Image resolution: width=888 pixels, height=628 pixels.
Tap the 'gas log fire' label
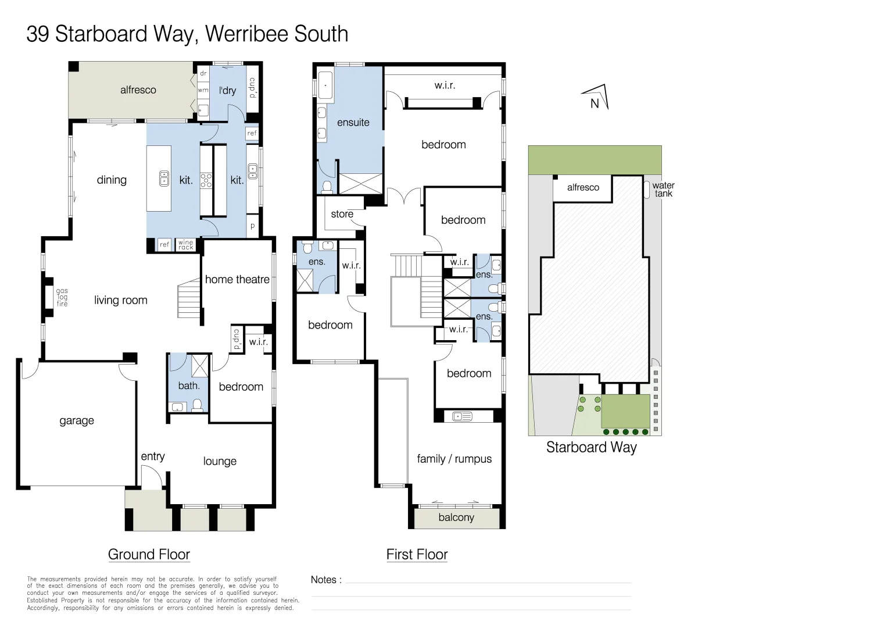pos(62,297)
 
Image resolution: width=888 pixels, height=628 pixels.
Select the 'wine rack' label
pos(186,245)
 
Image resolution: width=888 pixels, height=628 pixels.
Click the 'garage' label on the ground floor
pos(77,420)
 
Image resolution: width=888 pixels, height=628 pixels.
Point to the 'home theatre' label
pos(237,280)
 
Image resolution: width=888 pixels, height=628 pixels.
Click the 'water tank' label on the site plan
pos(663,190)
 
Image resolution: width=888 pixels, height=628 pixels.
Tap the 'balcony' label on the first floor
pos(456,518)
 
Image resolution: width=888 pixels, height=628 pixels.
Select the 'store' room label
pos(342,214)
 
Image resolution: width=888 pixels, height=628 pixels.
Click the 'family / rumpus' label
pos(454,459)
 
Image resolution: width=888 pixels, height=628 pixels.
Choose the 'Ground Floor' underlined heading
pos(149,555)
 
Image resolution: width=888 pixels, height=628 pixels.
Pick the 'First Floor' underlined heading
pos(417,555)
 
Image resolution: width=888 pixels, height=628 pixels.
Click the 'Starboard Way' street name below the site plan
pos(591,447)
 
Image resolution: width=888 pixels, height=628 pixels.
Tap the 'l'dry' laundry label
pos(227,90)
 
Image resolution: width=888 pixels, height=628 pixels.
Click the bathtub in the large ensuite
pos(325,85)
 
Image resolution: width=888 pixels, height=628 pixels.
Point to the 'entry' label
pos(153,456)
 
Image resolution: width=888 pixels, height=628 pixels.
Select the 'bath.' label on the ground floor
pos(189,386)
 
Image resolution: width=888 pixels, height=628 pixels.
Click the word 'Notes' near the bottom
pos(324,580)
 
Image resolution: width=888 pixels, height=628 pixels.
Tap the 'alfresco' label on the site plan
pos(583,187)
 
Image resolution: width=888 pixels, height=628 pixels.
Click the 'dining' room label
pos(112,180)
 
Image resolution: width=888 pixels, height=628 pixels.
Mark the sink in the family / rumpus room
pos(463,416)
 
